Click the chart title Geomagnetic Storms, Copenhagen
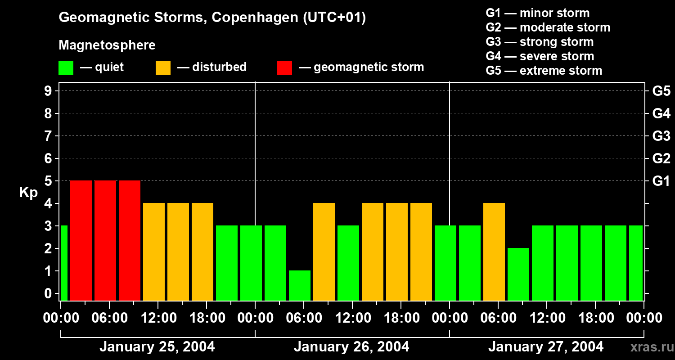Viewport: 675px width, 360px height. tap(212, 18)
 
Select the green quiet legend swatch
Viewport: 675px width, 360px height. tap(66, 68)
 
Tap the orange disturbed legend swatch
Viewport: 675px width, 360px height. tap(163, 68)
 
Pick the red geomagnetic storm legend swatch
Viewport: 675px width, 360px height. tap(285, 68)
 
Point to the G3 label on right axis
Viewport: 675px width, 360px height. tap(661, 136)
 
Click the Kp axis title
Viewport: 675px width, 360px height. tap(28, 193)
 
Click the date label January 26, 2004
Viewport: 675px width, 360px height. tap(351, 347)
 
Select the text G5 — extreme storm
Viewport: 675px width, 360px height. tap(544, 71)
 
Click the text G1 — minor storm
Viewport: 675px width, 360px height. tap(537, 13)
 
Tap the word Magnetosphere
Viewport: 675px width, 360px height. tap(107, 45)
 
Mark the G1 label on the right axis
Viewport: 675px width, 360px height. tap(661, 181)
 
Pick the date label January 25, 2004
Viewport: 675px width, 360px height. tap(157, 347)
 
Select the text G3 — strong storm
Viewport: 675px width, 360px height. tap(540, 42)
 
